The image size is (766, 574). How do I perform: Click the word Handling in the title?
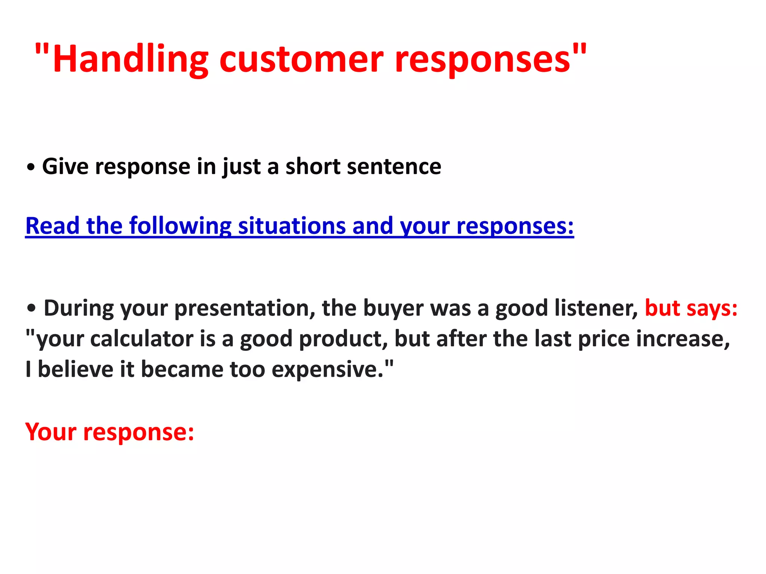coord(130,59)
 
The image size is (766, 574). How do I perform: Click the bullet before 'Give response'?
coord(31,167)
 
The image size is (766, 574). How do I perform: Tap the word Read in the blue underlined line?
coord(52,226)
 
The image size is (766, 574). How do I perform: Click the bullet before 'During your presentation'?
coord(32,309)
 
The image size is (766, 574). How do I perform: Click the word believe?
coord(75,369)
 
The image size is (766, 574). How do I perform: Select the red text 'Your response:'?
coord(110,432)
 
